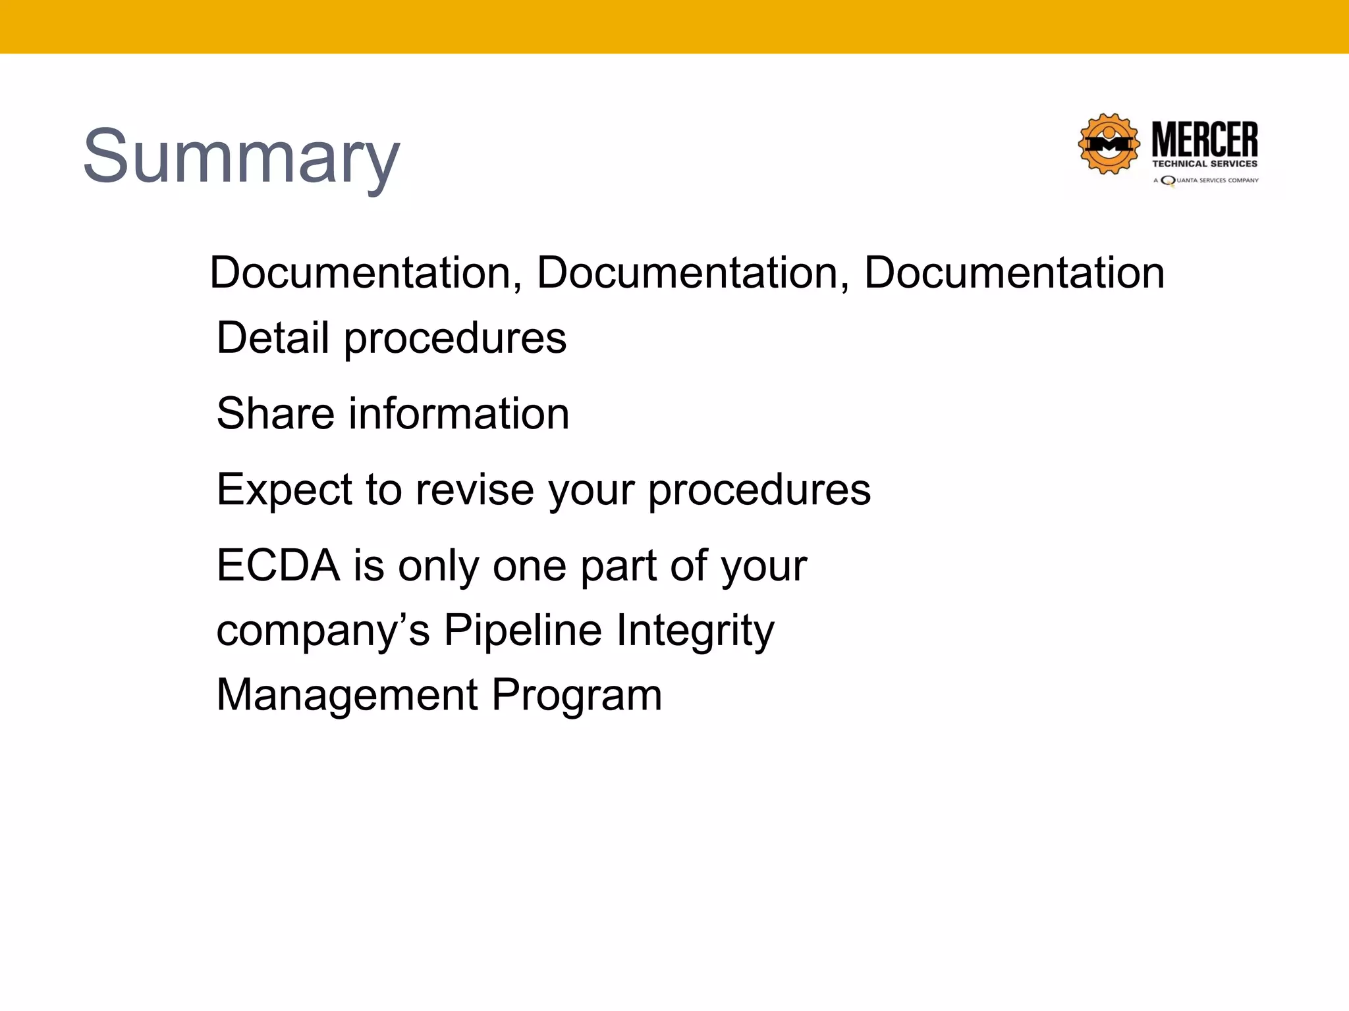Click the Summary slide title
pyautogui.click(x=241, y=157)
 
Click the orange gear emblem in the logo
pyautogui.click(x=1109, y=144)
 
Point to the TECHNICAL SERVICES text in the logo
pyautogui.click(x=1205, y=164)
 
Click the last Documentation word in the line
pyautogui.click(x=1014, y=272)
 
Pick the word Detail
pyautogui.click(x=273, y=338)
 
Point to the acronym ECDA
pyautogui.click(x=278, y=565)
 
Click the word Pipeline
pyautogui.click(x=522, y=630)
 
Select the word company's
pyautogui.click(x=323, y=631)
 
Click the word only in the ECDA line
pyautogui.click(x=439, y=566)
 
